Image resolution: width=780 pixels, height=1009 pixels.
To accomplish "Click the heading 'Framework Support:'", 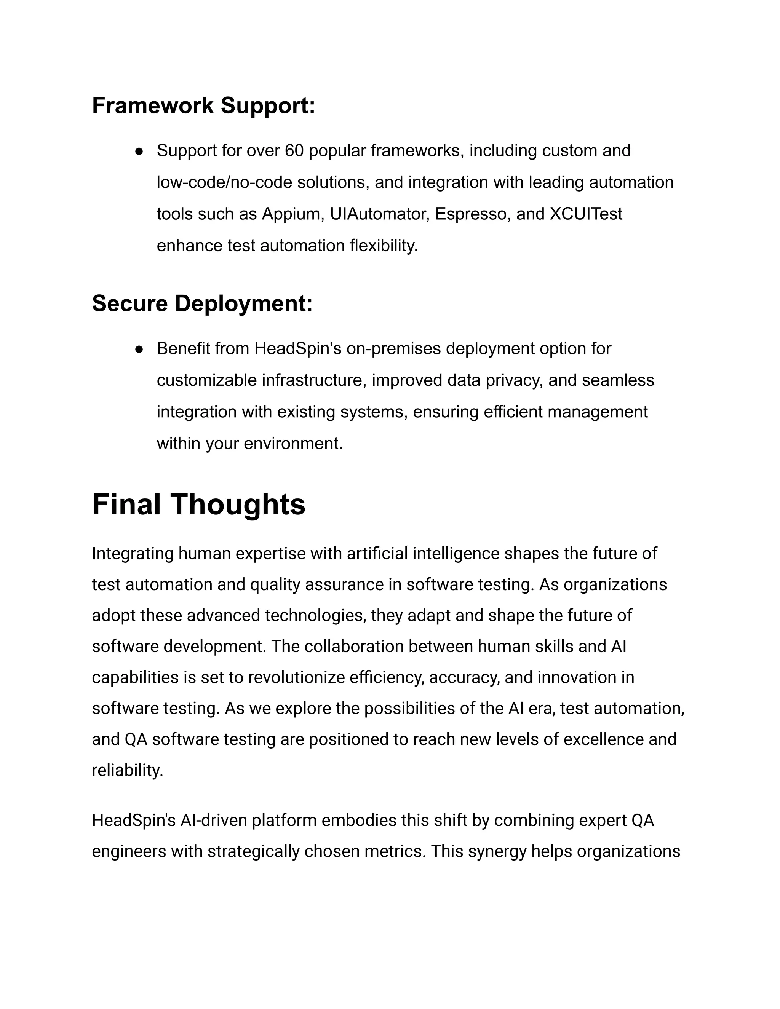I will (x=203, y=106).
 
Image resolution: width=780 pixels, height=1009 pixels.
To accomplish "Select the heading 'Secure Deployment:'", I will (x=202, y=303).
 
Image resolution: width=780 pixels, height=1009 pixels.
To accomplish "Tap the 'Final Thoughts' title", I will (x=199, y=504).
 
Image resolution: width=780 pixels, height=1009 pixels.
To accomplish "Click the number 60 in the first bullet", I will (x=294, y=151).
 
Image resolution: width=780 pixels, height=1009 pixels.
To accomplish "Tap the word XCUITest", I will (x=586, y=214).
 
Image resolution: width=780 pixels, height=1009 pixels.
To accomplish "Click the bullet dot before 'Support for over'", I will (x=139, y=152).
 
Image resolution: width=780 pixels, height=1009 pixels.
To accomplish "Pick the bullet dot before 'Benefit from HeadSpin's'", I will (x=139, y=349).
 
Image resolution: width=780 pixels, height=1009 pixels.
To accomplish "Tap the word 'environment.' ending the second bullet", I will (x=293, y=444).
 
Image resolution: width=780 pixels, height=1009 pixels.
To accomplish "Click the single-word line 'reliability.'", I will (x=128, y=770).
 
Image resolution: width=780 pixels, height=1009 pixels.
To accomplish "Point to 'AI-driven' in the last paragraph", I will (x=214, y=821).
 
